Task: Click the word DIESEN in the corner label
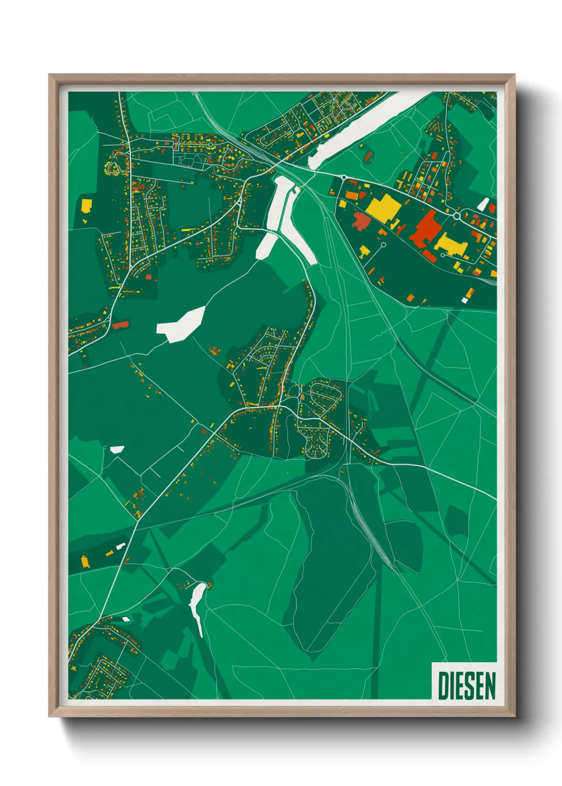466,685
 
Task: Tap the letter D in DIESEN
442,685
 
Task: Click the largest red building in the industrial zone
423,229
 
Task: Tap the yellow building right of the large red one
452,244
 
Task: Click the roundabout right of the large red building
456,216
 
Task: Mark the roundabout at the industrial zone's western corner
344,177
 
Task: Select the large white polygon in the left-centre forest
182,323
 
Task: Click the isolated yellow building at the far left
86,205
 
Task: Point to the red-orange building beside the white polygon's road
120,325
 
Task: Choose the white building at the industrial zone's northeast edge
483,204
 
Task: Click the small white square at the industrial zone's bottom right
465,301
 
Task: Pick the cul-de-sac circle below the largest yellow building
383,245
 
